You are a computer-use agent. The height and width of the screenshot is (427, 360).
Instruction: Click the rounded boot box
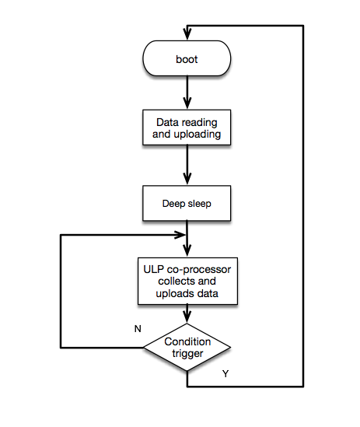pos(187,59)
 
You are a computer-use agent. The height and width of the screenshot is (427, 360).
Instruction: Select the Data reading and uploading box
pos(187,128)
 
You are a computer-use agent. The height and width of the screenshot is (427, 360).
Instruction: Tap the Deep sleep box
pos(187,204)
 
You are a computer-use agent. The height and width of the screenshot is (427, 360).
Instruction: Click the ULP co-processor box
pos(187,282)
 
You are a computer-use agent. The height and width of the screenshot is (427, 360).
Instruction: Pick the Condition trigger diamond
pos(187,348)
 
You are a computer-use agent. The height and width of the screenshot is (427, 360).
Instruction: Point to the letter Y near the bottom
pos(225,374)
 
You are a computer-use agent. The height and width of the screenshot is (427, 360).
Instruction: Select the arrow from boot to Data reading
pos(187,93)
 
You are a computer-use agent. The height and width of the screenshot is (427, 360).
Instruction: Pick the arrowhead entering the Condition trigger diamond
pos(187,317)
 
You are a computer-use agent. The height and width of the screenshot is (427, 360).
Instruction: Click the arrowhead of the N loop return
pos(181,234)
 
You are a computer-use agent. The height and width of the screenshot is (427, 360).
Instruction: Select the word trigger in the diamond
pos(187,354)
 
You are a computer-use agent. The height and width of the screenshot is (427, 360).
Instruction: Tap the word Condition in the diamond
pos(187,341)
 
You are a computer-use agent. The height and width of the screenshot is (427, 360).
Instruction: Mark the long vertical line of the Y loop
pos(302,206)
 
